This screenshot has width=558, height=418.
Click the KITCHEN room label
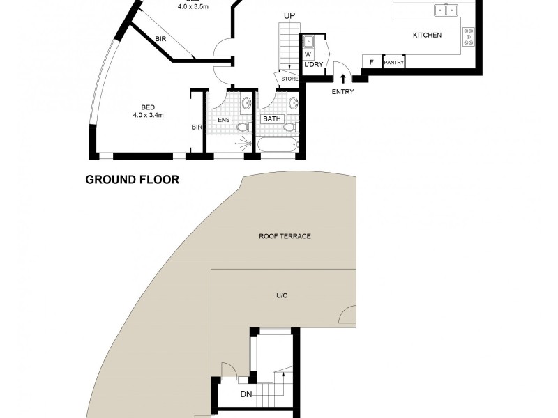pyautogui.click(x=427, y=35)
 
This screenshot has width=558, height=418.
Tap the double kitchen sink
pyautogui.click(x=445, y=10)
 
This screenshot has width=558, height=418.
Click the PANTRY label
pyautogui.click(x=394, y=63)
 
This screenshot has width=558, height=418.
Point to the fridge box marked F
pyautogui.click(x=371, y=63)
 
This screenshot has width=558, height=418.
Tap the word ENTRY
pyautogui.click(x=342, y=92)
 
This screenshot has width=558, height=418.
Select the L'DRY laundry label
pyautogui.click(x=312, y=65)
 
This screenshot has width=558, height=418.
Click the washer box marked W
pyautogui.click(x=308, y=53)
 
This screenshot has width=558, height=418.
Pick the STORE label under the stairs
pyautogui.click(x=289, y=79)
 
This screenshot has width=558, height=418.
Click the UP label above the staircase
pyautogui.click(x=289, y=15)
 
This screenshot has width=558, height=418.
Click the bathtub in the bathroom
pyautogui.click(x=278, y=146)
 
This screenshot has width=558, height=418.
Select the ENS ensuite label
pyautogui.click(x=223, y=119)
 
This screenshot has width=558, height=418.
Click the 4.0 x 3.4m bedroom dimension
pyautogui.click(x=148, y=115)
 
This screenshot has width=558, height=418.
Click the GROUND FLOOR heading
pyautogui.click(x=132, y=180)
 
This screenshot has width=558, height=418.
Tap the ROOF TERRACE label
pyautogui.click(x=285, y=236)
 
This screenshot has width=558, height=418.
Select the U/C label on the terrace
pyautogui.click(x=282, y=296)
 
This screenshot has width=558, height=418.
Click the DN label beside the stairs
pyautogui.click(x=246, y=394)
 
